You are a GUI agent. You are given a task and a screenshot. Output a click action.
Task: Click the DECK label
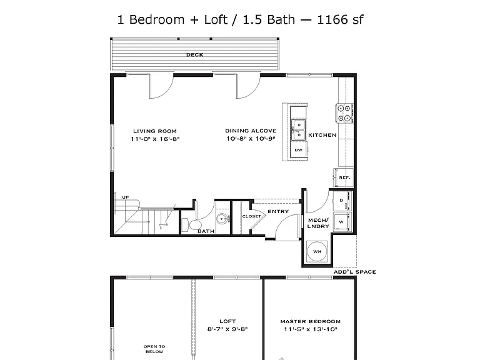pyautogui.click(x=195, y=55)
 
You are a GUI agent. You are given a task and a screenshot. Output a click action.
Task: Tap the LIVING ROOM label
pyautogui.click(x=155, y=131)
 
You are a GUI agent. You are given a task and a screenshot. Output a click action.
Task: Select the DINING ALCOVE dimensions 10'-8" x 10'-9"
pyautogui.click(x=251, y=139)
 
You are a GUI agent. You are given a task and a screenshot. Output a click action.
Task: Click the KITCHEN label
pyautogui.click(x=322, y=135)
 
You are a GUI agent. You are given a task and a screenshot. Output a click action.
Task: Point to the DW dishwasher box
pyautogui.click(x=299, y=150)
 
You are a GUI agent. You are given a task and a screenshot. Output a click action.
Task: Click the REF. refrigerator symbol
pyautogui.click(x=344, y=177)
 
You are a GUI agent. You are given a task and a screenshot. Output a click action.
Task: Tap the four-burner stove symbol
pyautogui.click(x=345, y=113)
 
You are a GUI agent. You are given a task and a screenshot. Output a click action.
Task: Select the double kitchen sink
pyautogui.click(x=298, y=130)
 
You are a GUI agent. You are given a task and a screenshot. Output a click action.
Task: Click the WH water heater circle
pyautogui.click(x=317, y=252)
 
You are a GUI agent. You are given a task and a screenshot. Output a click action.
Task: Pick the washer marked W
pyautogui.click(x=342, y=222)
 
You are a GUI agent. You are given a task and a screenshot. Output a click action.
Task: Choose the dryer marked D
pyautogui.click(x=342, y=201)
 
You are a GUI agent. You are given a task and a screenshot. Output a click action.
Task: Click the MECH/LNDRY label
pyautogui.click(x=318, y=223)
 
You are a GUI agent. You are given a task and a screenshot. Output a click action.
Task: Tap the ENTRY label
pyautogui.click(x=278, y=211)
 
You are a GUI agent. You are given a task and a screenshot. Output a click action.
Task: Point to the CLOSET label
pyautogui.click(x=252, y=216)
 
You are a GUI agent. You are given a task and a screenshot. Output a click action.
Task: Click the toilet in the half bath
pyautogui.click(x=191, y=225)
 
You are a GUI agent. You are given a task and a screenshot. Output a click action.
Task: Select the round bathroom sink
pyautogui.click(x=222, y=219)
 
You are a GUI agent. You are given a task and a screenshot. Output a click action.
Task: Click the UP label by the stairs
pyautogui.click(x=126, y=197)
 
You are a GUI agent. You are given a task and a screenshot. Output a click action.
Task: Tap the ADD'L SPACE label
pyautogui.click(x=354, y=272)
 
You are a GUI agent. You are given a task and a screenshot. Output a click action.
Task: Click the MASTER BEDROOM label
pyautogui.click(x=311, y=321)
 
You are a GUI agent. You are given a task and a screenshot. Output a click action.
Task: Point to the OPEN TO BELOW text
pyautogui.click(x=154, y=349)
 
